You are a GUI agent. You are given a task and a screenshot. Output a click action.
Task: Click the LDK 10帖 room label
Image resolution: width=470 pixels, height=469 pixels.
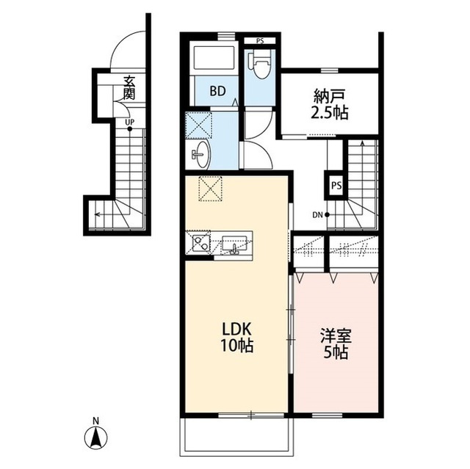tap(237, 337)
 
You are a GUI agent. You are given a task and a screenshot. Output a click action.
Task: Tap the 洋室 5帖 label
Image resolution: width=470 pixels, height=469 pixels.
tap(336, 343)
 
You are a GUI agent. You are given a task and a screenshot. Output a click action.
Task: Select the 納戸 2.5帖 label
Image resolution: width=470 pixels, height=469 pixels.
tap(330, 104)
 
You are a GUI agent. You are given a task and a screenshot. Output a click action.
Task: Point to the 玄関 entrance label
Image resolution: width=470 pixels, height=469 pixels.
tap(129, 88)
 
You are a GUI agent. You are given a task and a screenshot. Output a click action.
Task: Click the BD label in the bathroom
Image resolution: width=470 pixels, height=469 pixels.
tap(217, 91)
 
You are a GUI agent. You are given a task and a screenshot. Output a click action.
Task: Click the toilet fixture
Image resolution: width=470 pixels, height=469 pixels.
tap(260, 65)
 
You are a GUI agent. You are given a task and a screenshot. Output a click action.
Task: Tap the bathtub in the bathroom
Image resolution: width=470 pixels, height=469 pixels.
tap(214, 58)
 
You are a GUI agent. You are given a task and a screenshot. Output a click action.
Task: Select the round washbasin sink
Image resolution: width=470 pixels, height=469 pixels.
tap(202, 155)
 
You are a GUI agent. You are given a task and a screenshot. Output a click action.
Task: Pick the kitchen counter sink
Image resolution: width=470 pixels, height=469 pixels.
tap(234, 244)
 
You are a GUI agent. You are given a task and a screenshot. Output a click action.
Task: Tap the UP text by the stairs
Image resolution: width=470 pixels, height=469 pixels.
tap(129, 122)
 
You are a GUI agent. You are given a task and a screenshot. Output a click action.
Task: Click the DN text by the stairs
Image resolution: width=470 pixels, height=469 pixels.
tap(317, 215)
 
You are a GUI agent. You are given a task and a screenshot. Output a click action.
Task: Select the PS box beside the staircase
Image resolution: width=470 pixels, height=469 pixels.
tap(336, 186)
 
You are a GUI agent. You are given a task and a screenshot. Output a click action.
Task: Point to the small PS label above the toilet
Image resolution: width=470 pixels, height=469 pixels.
tap(260, 40)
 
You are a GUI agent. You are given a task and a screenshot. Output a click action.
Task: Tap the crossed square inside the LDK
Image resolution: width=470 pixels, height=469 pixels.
tap(211, 189)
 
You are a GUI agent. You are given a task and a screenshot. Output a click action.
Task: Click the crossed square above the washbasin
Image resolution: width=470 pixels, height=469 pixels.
tap(198, 125)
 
